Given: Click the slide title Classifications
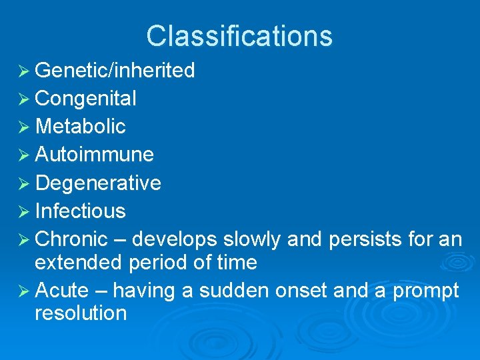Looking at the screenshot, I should [x=239, y=36].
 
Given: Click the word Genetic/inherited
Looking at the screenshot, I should [x=115, y=71].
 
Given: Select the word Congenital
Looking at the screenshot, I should [x=85, y=99].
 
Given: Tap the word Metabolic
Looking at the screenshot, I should [x=80, y=127].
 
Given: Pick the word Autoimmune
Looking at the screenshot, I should [x=94, y=155].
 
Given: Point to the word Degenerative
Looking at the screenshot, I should [x=97, y=183].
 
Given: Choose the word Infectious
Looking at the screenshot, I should [x=80, y=211].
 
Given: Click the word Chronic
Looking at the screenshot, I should [x=71, y=239].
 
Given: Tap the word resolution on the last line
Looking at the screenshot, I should [x=80, y=313].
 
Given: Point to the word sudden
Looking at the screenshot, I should [x=230, y=291].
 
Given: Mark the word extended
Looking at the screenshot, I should [x=78, y=263].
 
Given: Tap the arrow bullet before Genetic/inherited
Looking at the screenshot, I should [x=23, y=71].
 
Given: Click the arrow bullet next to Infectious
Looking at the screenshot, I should [x=23, y=211].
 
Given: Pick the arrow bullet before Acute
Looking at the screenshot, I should [x=23, y=291].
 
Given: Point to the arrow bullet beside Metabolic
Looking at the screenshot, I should [x=23, y=127].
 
